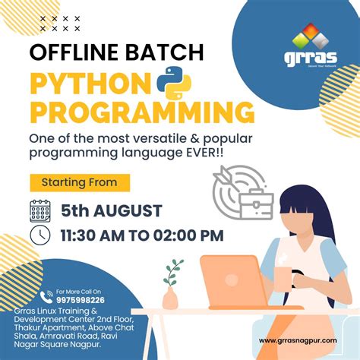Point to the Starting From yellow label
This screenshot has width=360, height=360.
point(79,182)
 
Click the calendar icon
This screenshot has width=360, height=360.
point(40,210)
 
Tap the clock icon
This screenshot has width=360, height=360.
point(40,235)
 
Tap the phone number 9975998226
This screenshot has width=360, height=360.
point(81,299)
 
